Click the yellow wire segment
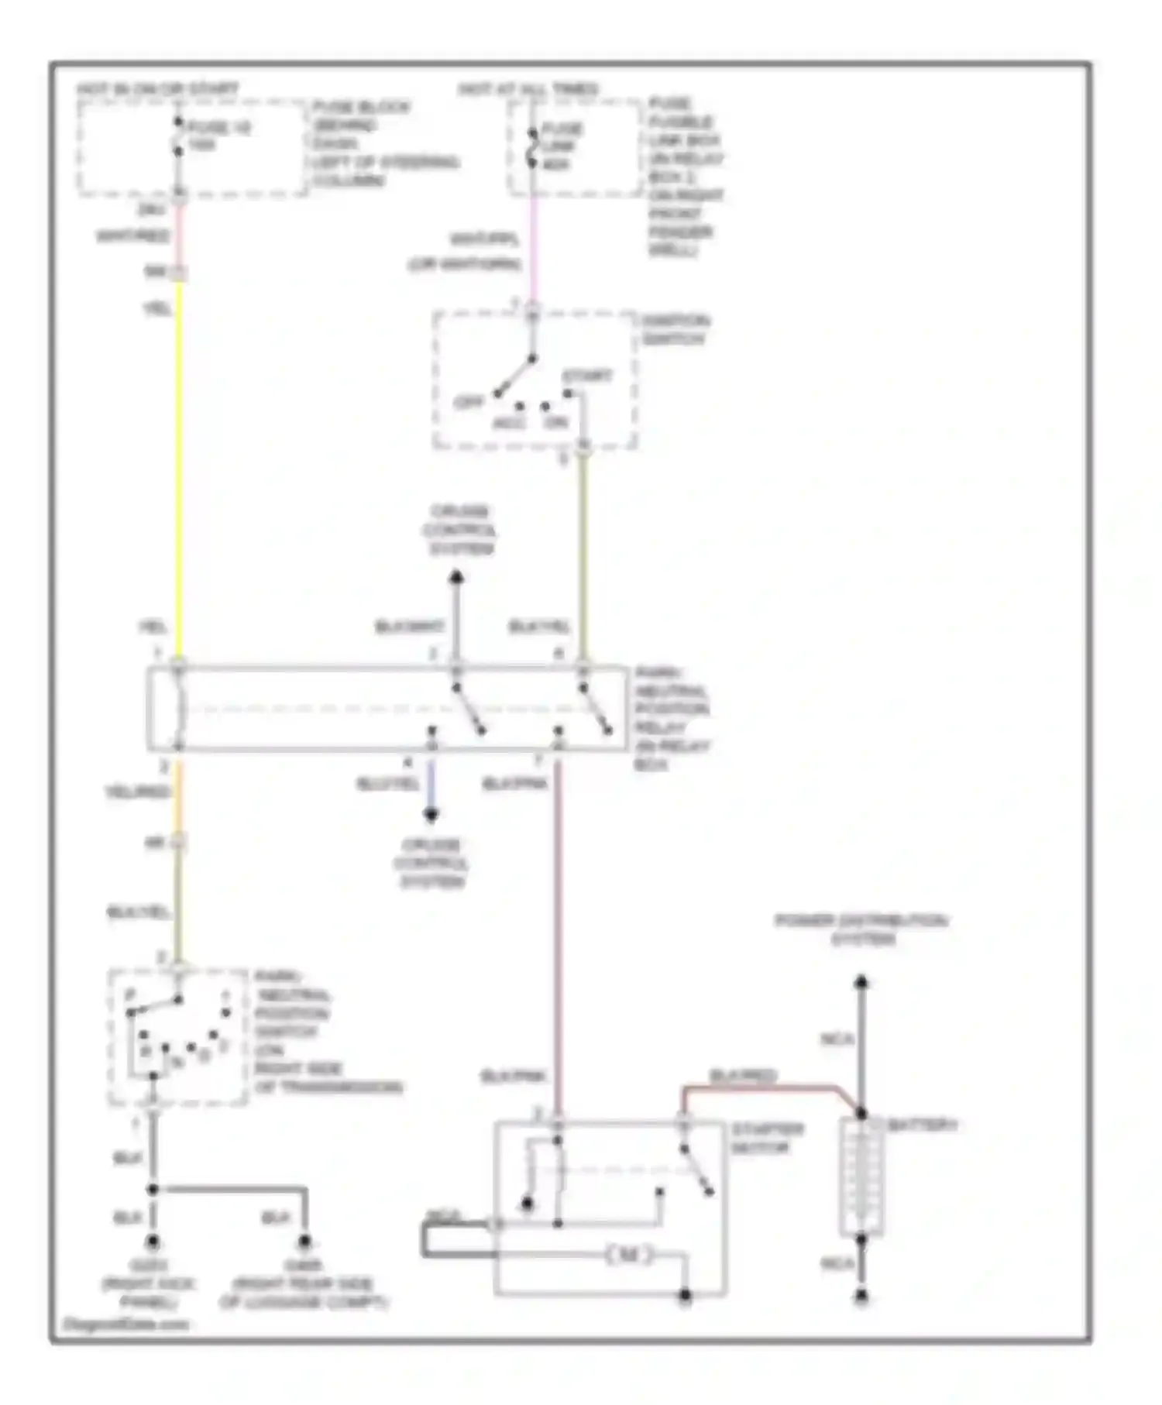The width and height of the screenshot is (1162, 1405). click(x=180, y=465)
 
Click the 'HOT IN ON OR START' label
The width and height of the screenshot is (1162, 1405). click(x=158, y=89)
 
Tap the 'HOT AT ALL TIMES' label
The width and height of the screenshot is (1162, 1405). click(x=528, y=89)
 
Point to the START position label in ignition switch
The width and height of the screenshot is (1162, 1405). click(x=586, y=376)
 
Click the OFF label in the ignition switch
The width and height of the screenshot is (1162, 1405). click(x=469, y=402)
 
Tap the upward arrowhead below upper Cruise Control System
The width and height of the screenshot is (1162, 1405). click(x=457, y=577)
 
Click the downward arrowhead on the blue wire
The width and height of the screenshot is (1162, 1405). click(x=431, y=815)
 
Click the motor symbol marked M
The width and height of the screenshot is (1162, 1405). click(x=630, y=1255)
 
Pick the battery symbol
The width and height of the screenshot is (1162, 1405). click(x=861, y=1177)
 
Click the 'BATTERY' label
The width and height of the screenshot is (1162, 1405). click(x=922, y=1125)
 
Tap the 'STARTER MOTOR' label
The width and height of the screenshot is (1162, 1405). click(x=767, y=1139)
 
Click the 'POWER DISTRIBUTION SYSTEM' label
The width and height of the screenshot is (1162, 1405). click(x=861, y=929)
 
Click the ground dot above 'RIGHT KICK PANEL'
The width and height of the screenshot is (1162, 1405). click(x=153, y=1242)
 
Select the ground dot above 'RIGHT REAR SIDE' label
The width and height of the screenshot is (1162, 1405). click(x=305, y=1242)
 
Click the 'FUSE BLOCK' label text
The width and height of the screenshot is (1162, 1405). click(x=361, y=107)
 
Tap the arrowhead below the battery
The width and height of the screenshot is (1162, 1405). click(x=861, y=1295)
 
